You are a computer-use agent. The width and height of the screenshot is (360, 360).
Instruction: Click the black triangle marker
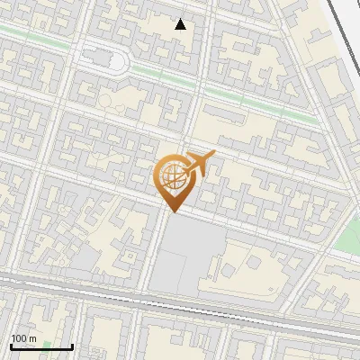pos(181,24)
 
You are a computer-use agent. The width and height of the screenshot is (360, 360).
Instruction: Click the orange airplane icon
pos(199,164)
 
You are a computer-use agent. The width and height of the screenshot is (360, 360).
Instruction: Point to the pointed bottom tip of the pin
pos(171,212)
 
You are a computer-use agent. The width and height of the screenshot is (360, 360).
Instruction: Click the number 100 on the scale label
pos(19,338)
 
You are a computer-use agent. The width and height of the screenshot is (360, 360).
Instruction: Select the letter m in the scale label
pos(33,338)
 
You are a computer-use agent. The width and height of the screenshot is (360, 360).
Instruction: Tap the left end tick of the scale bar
pos(11,346)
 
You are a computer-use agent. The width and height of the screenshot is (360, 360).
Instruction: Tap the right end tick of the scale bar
pos(72,346)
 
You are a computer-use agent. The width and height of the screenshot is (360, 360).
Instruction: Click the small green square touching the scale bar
pos(46,345)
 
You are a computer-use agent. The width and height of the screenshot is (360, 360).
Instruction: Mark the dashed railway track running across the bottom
pos(180,298)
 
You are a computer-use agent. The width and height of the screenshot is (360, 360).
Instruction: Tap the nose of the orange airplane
pos(214,156)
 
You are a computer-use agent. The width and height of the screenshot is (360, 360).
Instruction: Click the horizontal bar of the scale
pos(41,346)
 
